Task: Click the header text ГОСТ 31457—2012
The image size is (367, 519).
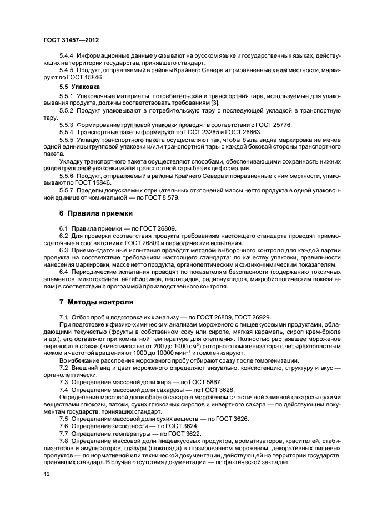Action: point(68,40)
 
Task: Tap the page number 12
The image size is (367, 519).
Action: point(46,472)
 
